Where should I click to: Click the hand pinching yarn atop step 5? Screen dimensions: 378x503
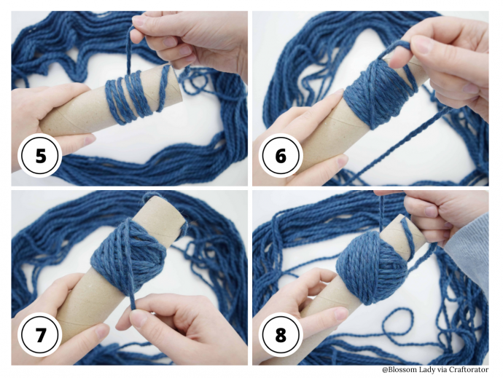[186, 36]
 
